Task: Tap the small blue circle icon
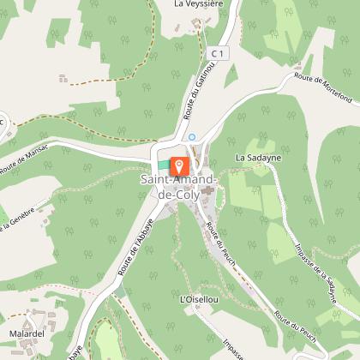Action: click(192, 136)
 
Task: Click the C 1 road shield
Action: click(221, 52)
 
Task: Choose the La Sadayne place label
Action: click(258, 159)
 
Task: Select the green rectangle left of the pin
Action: click(163, 165)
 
